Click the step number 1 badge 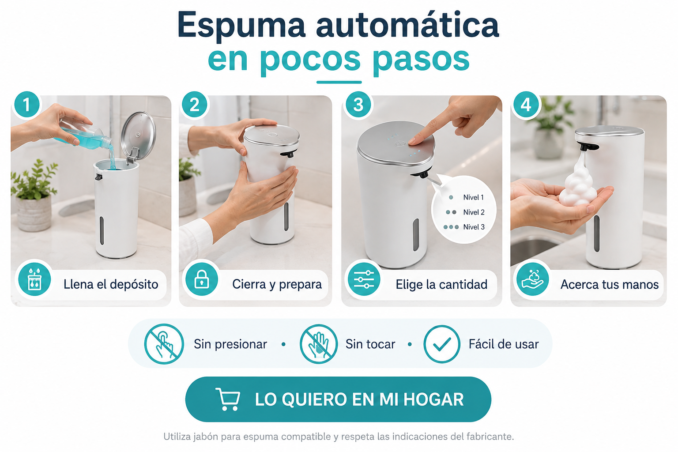tap(27, 105)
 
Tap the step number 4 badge tap(526, 105)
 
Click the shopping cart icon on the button tap(228, 399)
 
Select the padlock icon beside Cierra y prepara tap(202, 279)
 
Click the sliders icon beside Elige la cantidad tap(364, 279)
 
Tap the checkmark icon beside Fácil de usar tap(441, 344)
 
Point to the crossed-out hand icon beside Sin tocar tap(318, 344)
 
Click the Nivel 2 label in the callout tap(474, 212)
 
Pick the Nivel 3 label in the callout tap(474, 227)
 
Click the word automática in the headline tap(407, 25)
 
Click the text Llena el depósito tap(111, 284)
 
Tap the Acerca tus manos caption tap(609, 284)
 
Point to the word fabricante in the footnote tap(490, 437)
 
